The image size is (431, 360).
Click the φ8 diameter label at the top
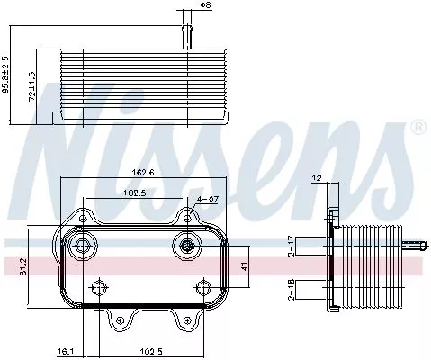[205, 6]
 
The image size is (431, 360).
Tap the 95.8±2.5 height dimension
[6, 86]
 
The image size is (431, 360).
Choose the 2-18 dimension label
[290, 289]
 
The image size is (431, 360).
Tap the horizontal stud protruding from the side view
[415, 244]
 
